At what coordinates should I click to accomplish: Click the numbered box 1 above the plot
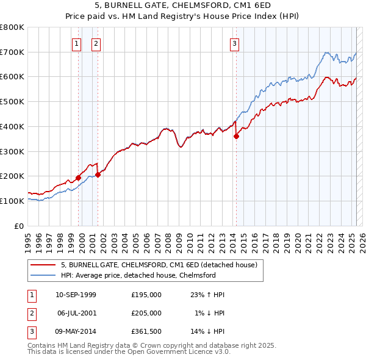pyautogui.click(x=77, y=43)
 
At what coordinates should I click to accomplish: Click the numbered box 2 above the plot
pyautogui.click(x=96, y=43)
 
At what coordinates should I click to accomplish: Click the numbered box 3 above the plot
pyautogui.click(x=234, y=43)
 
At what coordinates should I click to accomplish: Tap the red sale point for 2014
pyautogui.click(x=236, y=136)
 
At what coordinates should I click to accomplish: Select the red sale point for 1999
pyautogui.click(x=79, y=178)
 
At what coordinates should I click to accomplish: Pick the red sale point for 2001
pyautogui.click(x=98, y=175)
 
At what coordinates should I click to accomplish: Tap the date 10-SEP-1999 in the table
pyautogui.click(x=76, y=295)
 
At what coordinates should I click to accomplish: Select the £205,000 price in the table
pyautogui.click(x=146, y=313)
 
